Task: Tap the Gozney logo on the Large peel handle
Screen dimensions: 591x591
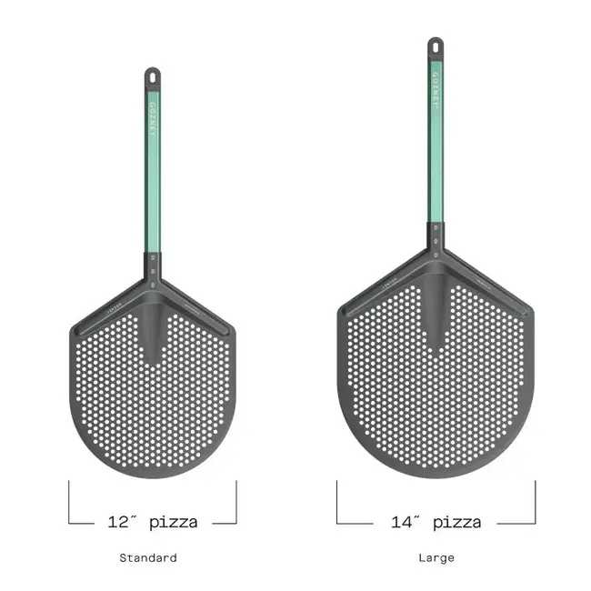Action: click(x=436, y=90)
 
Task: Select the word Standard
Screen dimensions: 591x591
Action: click(x=147, y=557)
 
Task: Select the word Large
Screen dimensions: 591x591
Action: click(x=436, y=557)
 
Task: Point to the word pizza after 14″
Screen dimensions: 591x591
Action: click(x=456, y=522)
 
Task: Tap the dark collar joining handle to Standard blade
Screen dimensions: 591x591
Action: click(x=153, y=266)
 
